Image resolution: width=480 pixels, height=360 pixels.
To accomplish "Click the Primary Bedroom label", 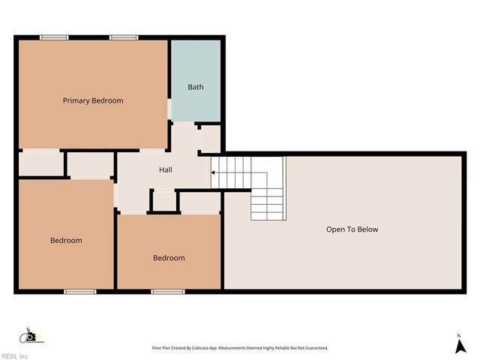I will tap(93, 100).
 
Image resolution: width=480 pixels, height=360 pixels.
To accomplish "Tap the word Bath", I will tap(196, 87).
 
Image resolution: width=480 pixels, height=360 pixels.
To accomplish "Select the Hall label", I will tap(166, 170).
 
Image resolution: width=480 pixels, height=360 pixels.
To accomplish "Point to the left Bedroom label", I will tap(66, 240).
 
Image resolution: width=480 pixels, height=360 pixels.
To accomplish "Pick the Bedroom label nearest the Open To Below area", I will tap(169, 258).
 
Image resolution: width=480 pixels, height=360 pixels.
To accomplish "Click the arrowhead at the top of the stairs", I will tap(213, 172).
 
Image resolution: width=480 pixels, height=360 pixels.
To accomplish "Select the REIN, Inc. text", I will tap(15, 355).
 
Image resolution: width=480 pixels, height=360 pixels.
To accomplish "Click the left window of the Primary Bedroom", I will tap(54, 37).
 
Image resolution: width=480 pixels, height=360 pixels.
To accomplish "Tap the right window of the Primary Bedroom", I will tap(123, 37).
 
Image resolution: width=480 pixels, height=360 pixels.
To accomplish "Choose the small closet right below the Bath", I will tap(210, 139).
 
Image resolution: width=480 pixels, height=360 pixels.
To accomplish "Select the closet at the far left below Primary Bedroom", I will tap(40, 163).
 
